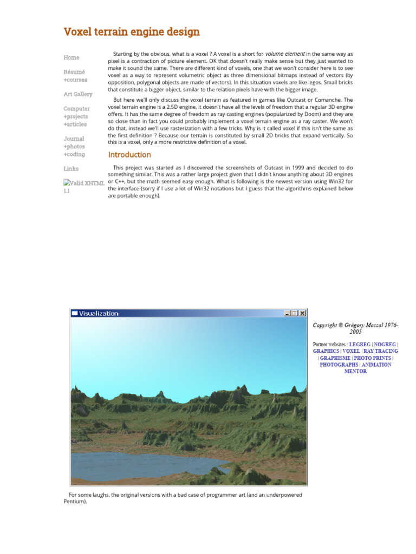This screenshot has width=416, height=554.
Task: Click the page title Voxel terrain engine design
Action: [132, 32]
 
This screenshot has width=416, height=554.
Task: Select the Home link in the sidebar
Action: [71, 57]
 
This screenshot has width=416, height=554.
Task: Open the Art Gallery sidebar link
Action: [78, 94]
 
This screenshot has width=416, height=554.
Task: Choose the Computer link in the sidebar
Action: [77, 109]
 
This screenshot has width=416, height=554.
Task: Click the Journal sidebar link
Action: [74, 138]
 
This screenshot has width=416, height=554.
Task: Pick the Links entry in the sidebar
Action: [71, 169]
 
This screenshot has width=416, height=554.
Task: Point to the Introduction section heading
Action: [129, 155]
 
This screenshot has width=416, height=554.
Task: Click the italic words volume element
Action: [285, 54]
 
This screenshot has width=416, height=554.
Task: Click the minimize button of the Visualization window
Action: [287, 313]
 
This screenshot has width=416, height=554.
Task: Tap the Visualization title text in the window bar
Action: [99, 313]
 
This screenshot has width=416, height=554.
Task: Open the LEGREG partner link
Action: [360, 344]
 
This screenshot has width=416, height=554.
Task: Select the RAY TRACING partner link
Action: [380, 351]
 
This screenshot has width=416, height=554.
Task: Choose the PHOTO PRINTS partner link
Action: [373, 358]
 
